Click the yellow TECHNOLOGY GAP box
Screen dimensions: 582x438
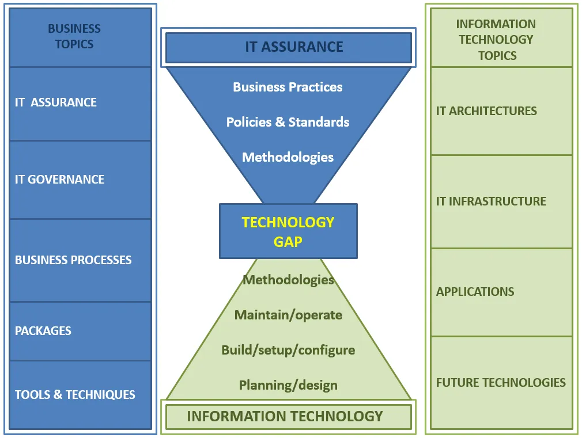[x=288, y=231]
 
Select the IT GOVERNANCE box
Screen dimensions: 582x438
[x=80, y=180]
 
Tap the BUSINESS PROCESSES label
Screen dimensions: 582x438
[x=73, y=260]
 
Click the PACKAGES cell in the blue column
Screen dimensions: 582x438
[x=80, y=331]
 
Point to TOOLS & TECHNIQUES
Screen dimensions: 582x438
[x=75, y=395]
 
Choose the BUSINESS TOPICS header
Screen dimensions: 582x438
[x=80, y=37]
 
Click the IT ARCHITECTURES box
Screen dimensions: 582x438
[x=501, y=111]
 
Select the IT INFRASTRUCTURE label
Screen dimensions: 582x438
[x=491, y=201]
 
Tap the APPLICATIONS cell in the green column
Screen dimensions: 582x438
[x=501, y=292]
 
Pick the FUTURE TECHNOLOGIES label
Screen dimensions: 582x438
[x=501, y=382]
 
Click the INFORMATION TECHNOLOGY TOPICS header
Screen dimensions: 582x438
[x=501, y=37]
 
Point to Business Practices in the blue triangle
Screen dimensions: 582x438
[x=288, y=87]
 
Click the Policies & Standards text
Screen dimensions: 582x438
[x=288, y=122]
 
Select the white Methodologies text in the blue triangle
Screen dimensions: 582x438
[x=288, y=158]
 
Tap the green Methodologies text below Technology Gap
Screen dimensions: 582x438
[x=288, y=280]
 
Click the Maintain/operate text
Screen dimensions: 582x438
[x=288, y=315]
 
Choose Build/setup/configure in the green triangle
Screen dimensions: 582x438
[x=288, y=351]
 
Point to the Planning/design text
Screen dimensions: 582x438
[x=288, y=385]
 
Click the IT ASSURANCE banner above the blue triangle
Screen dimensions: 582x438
[x=288, y=47]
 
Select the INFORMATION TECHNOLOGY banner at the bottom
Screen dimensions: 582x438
[x=288, y=417]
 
